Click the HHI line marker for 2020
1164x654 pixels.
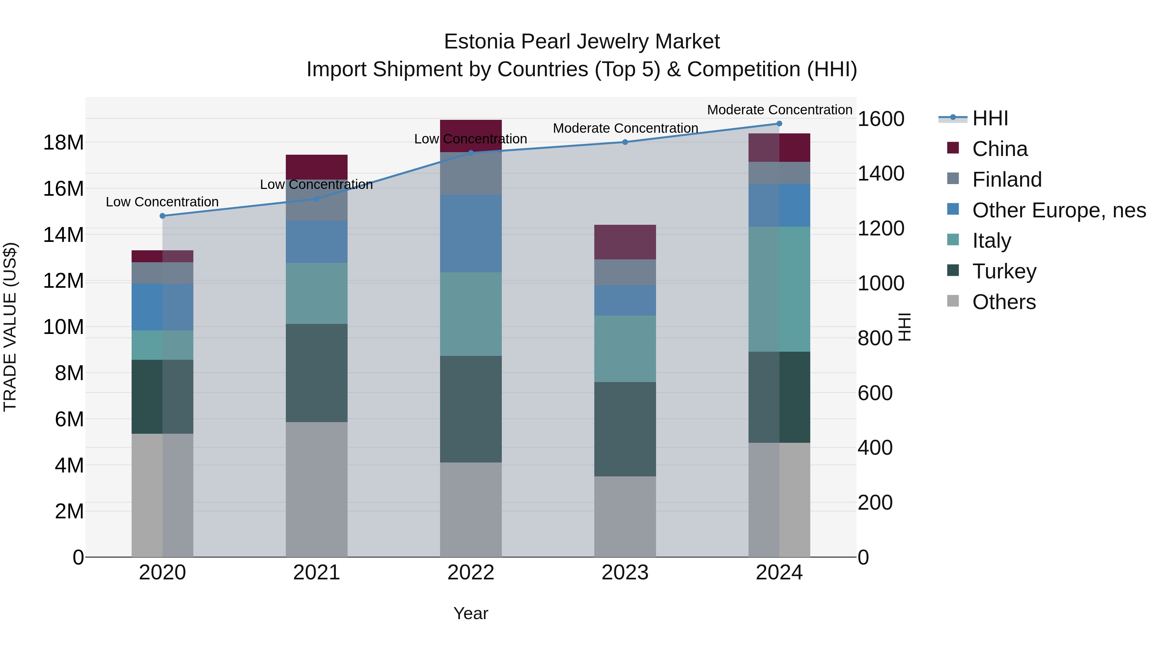[163, 216]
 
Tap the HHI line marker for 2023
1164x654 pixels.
[625, 142]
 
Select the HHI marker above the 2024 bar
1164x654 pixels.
[779, 123]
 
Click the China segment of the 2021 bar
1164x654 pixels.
[316, 167]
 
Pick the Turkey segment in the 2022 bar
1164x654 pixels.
[471, 409]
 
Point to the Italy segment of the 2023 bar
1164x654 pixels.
[625, 348]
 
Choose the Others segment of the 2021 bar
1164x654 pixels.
[316, 489]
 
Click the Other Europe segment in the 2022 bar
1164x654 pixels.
[471, 234]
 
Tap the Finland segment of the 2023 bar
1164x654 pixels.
[625, 272]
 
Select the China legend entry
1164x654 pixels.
[999, 149]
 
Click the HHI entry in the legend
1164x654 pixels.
[990, 118]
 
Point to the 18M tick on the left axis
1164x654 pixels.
[63, 143]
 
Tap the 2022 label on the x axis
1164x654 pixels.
[471, 573]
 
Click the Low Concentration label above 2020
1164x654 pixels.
[162, 202]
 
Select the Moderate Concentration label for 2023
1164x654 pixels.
[625, 128]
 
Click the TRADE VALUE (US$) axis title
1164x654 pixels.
[10, 327]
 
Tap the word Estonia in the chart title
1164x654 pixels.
[479, 42]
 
